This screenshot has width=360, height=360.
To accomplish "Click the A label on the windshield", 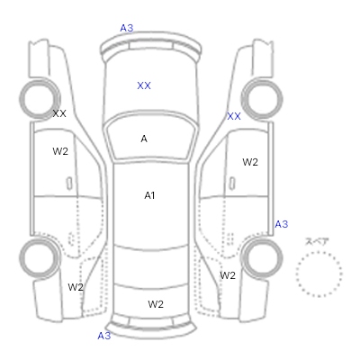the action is (x=144, y=139).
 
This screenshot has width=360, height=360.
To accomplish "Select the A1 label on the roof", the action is (x=149, y=195).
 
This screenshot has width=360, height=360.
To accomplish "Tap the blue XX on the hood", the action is (x=144, y=85).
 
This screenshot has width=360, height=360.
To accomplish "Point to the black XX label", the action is (x=59, y=113).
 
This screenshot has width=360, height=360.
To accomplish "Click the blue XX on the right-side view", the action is (x=234, y=116).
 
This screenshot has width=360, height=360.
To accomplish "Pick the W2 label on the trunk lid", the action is (x=156, y=304).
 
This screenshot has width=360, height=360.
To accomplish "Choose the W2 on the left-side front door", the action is (x=60, y=151).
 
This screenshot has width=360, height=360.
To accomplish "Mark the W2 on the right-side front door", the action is (x=250, y=162).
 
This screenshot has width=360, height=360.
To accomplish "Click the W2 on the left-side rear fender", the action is (x=76, y=287).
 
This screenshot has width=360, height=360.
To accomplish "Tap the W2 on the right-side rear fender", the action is (x=228, y=275).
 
